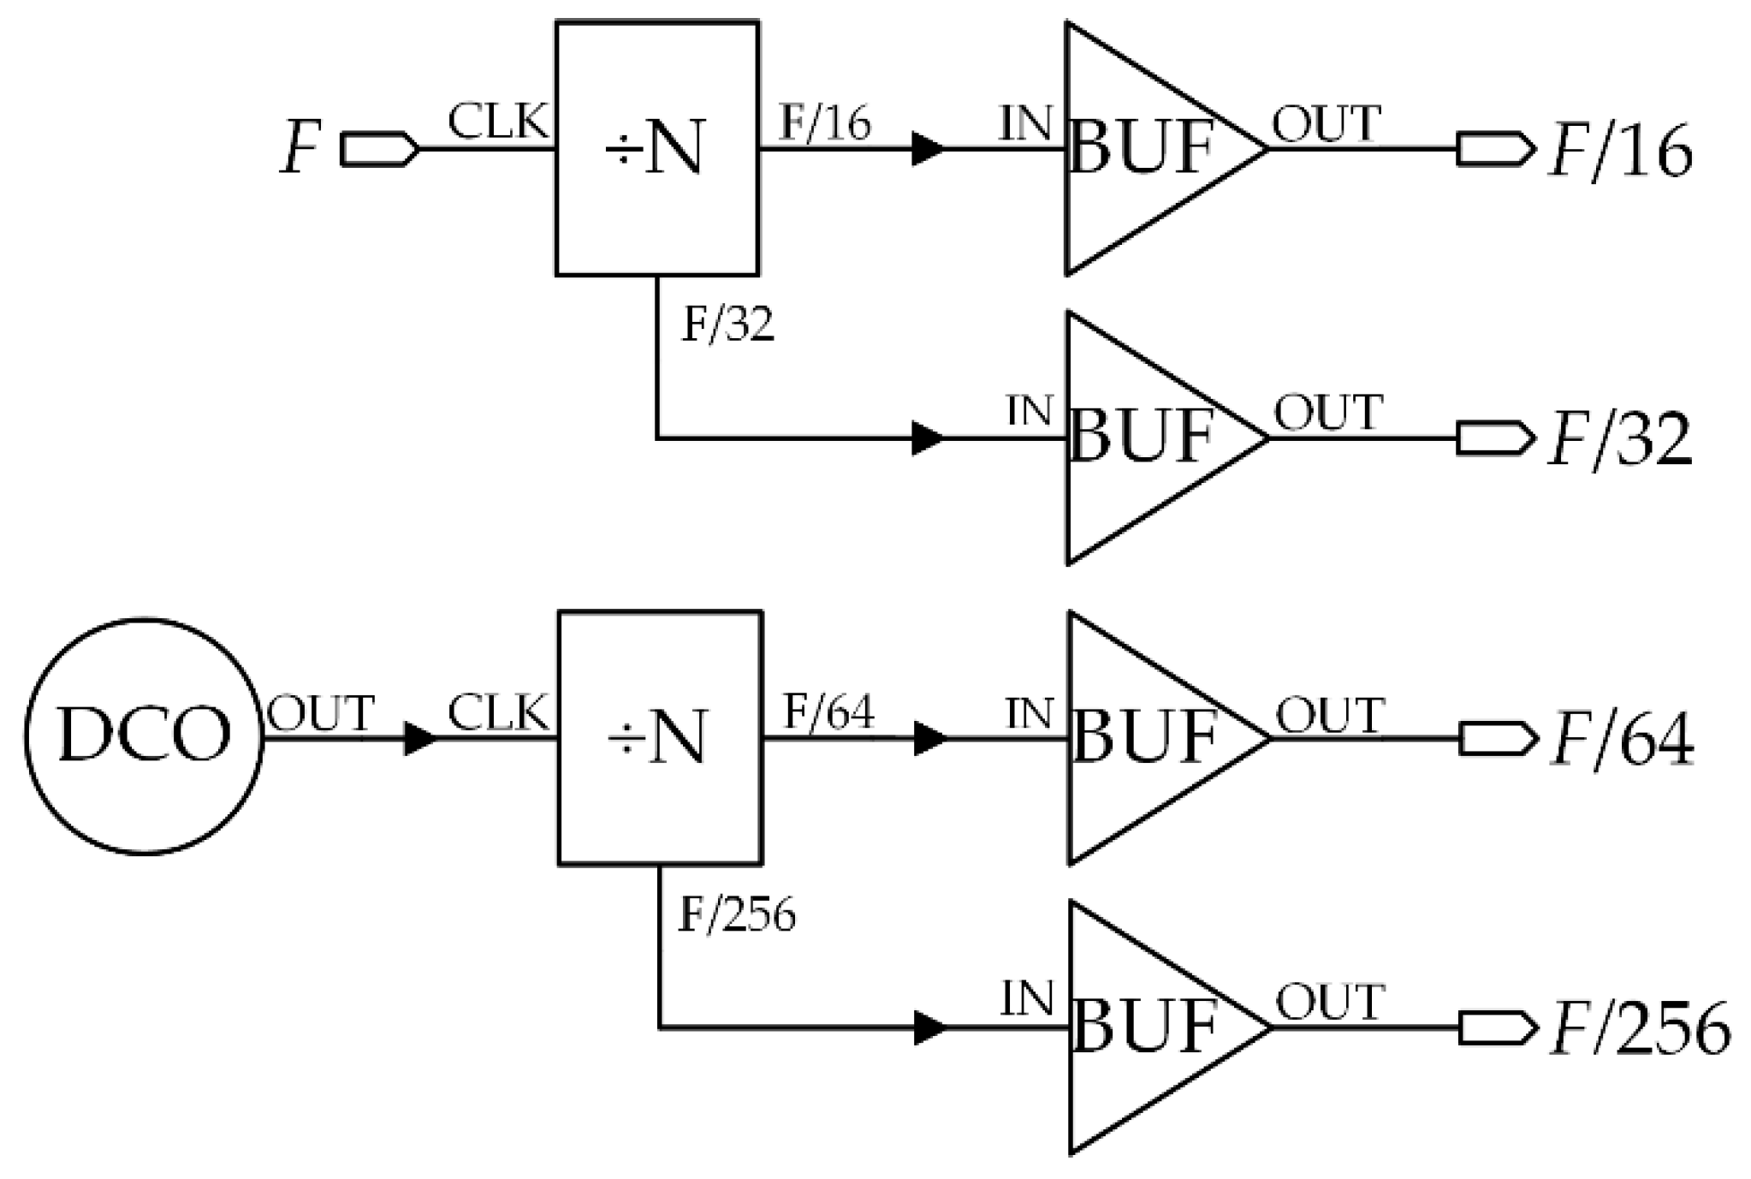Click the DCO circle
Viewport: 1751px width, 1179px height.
tap(143, 736)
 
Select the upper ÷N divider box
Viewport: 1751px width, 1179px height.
tap(657, 148)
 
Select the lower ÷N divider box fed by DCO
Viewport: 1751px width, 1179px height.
tap(660, 737)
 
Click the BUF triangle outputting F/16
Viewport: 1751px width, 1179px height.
tap(1147, 148)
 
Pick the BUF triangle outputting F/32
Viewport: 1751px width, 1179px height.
tap(1147, 438)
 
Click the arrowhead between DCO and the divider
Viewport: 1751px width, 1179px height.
tap(419, 738)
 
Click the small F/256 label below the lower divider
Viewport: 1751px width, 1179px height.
tap(737, 915)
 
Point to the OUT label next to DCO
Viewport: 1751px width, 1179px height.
tap(321, 713)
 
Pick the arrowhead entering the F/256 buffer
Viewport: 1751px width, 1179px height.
tap(930, 1027)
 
